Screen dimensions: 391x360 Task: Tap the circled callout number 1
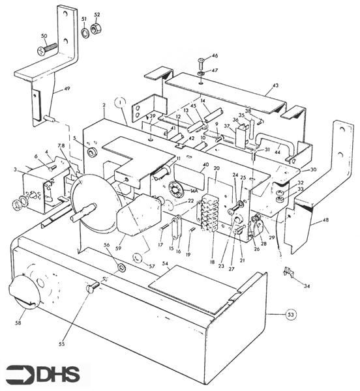click(x=119, y=102)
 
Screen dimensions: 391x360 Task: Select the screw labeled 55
click(x=92, y=286)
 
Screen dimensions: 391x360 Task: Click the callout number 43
click(x=275, y=85)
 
